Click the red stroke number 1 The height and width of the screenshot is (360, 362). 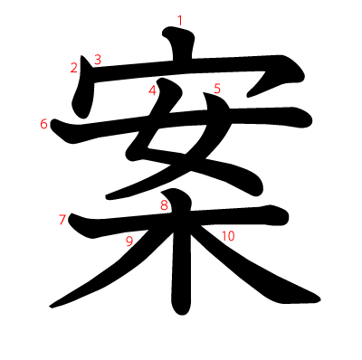(x=180, y=20)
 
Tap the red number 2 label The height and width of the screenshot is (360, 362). (x=73, y=67)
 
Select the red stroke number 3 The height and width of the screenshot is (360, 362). (x=97, y=60)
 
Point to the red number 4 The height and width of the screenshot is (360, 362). (x=153, y=90)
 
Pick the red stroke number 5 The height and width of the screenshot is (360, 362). (x=217, y=88)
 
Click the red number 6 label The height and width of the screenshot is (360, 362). (x=43, y=123)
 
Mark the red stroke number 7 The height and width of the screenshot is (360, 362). (x=62, y=219)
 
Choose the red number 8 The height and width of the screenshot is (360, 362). (x=164, y=205)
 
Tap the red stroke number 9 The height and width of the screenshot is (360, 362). (x=129, y=240)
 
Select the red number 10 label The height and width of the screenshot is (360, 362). (x=227, y=235)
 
